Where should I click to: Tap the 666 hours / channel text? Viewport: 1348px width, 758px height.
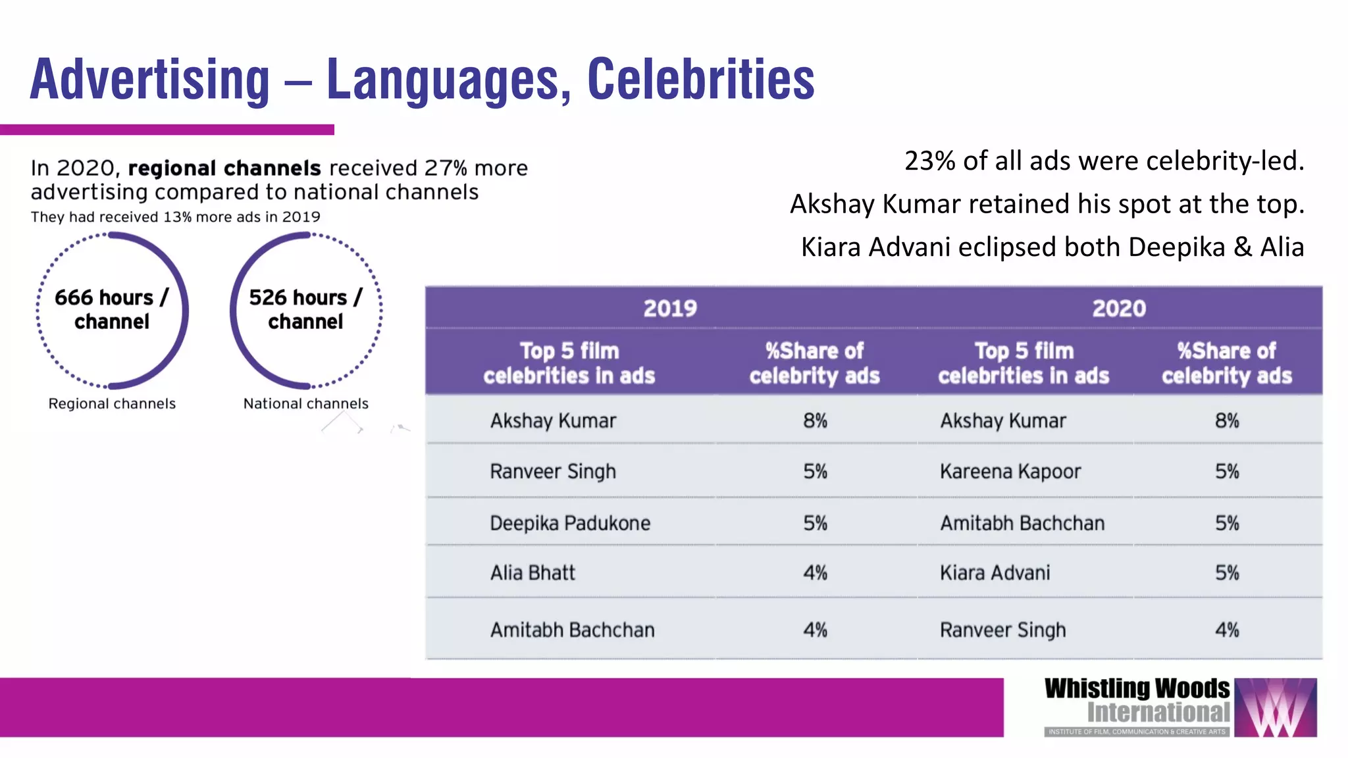pos(111,309)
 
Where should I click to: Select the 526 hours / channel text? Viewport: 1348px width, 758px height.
pos(305,309)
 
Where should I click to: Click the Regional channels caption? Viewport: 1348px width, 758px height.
pos(112,403)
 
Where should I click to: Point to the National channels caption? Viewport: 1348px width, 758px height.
pos(305,403)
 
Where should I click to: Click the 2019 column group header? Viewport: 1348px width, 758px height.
pos(670,308)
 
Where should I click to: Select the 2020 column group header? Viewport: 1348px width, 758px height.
pos(1119,308)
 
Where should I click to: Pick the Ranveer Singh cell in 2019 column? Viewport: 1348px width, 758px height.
pos(553,471)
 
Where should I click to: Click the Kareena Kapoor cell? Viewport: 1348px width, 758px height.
pos(1010,471)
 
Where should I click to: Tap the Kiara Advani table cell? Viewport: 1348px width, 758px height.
pos(995,572)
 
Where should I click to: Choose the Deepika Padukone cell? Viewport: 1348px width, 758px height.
pos(570,523)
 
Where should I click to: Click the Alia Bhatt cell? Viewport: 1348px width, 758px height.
pos(532,572)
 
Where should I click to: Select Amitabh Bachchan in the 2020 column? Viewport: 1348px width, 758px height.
pos(1022,523)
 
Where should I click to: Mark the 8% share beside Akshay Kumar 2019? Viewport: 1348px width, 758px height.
pos(815,420)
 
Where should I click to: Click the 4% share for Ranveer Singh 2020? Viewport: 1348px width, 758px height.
pos(1227,630)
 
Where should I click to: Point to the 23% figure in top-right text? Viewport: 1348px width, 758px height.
pos(929,161)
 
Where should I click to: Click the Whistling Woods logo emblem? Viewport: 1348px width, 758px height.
pos(1275,707)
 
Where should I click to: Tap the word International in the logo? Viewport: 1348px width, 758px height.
pos(1158,713)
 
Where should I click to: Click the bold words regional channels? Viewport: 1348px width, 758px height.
pos(224,168)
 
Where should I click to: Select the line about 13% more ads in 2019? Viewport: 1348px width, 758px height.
pos(175,217)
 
